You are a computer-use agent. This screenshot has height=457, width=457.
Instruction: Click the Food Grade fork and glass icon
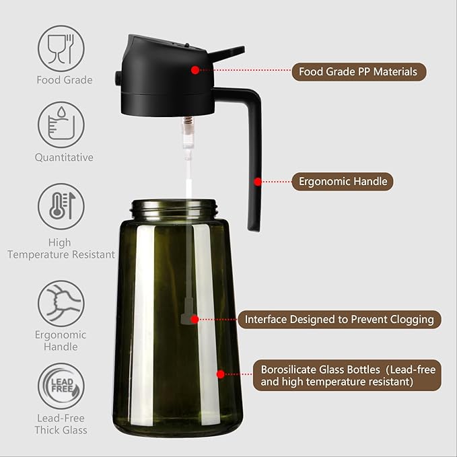coord(61,48)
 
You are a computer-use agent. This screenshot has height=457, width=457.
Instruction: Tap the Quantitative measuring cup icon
coord(61,125)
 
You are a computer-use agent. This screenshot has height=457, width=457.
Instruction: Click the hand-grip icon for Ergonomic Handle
coord(61,304)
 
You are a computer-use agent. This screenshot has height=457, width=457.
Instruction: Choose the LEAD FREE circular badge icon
coord(61,386)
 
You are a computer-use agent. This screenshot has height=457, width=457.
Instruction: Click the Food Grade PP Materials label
coord(359,71)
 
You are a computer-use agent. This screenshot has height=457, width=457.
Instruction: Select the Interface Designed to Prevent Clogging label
coord(339,319)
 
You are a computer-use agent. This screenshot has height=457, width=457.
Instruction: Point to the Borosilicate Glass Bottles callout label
coord(347,376)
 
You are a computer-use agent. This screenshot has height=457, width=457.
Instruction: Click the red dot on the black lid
coord(195,69)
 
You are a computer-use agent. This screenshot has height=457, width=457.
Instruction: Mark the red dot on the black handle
coord(257,181)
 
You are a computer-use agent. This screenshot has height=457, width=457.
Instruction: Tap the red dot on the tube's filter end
coord(195,319)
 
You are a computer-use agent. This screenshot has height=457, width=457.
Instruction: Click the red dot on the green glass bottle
coord(219,374)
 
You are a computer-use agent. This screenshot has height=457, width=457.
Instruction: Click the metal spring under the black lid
coord(188,125)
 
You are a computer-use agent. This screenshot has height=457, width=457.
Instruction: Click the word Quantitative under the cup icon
coord(64,157)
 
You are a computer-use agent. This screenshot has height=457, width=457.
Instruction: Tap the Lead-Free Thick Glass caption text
coord(61,424)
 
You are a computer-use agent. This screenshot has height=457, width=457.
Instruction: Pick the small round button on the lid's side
coord(118,79)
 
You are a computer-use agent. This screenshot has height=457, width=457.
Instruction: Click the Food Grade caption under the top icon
coord(64,80)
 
